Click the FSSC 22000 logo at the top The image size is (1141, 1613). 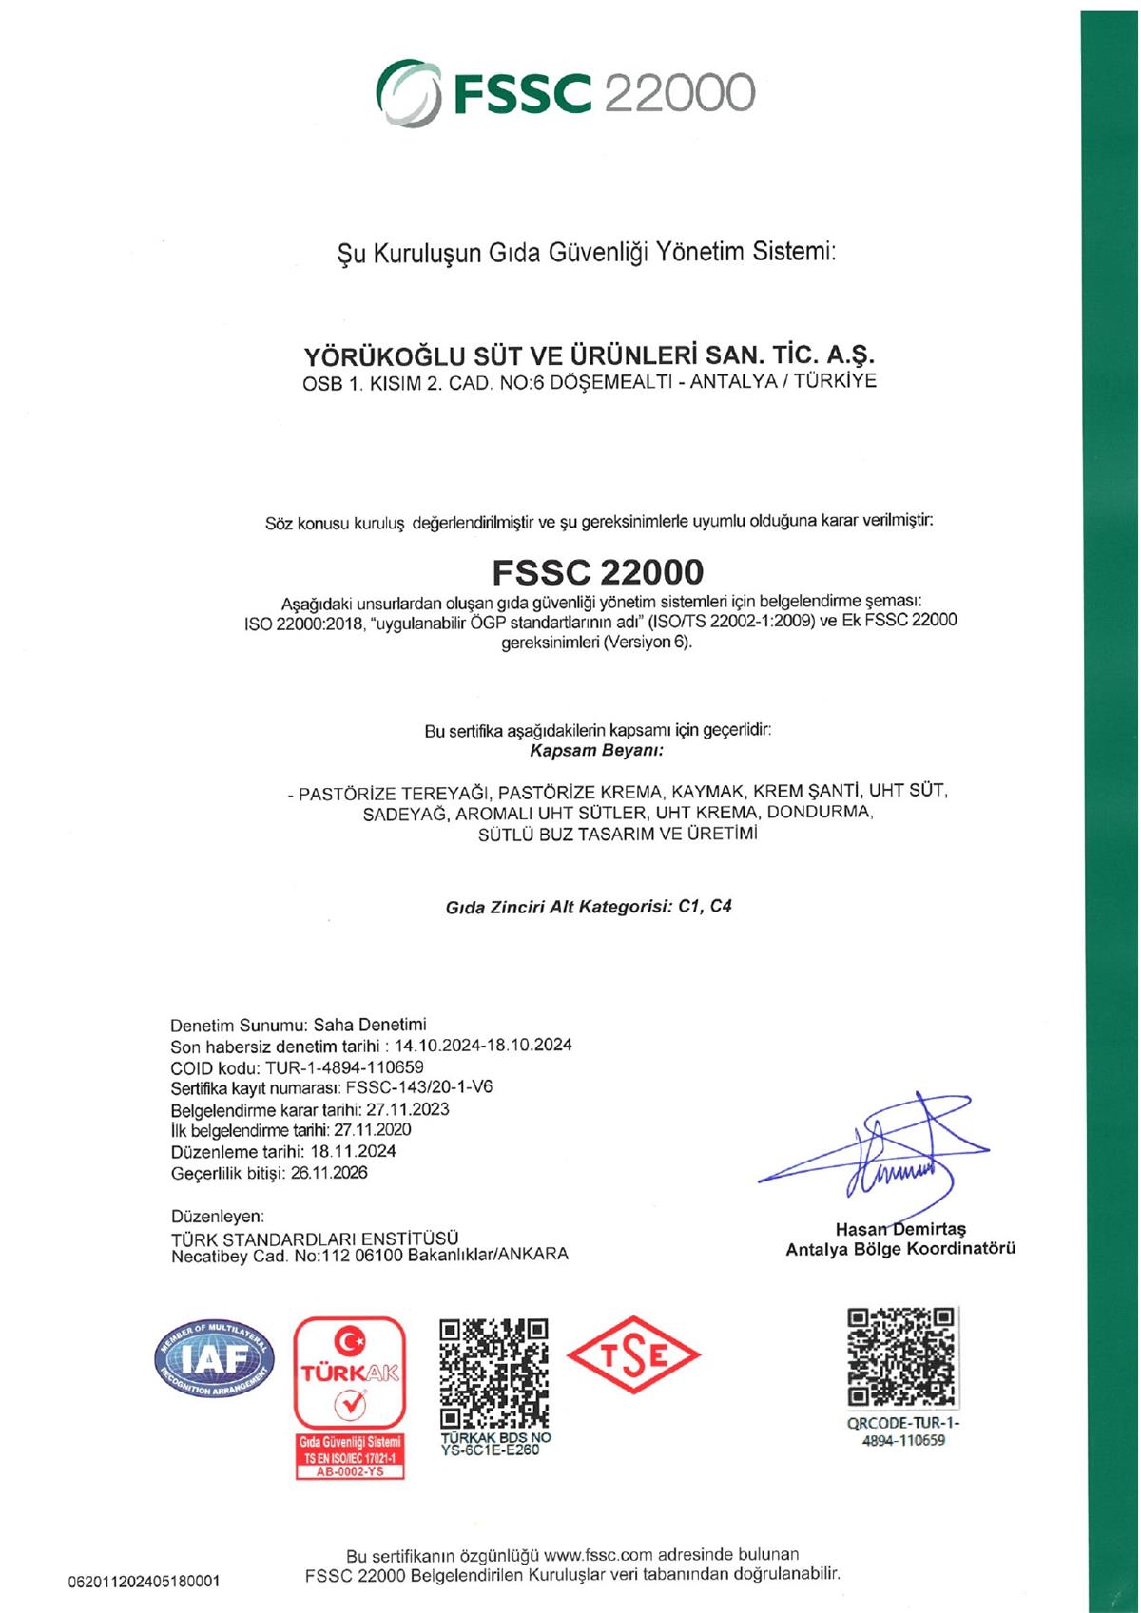(x=567, y=93)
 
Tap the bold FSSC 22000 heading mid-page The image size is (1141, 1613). (x=598, y=571)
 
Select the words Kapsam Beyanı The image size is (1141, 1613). (x=595, y=751)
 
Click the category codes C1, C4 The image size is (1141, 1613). (x=705, y=906)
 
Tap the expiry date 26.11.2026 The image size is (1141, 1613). (x=329, y=1172)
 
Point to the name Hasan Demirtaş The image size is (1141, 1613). (x=900, y=1229)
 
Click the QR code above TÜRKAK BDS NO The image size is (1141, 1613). (x=494, y=1372)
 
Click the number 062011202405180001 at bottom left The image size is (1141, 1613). (x=144, y=1582)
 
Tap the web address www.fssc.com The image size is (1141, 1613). (x=599, y=1555)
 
